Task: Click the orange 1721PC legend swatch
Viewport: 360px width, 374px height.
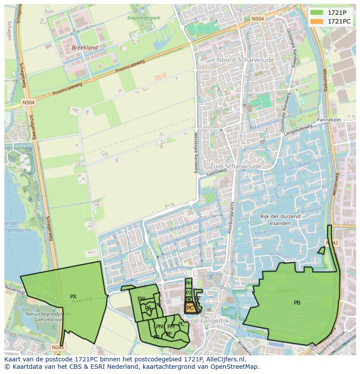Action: pos(317,21)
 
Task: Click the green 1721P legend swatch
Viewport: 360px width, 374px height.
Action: pos(317,13)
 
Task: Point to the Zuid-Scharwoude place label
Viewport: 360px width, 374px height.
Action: pos(235,166)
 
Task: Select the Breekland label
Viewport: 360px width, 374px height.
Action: pos(85,47)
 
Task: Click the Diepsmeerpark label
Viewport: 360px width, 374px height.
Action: pos(143,18)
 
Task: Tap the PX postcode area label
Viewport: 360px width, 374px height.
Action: pos(73,297)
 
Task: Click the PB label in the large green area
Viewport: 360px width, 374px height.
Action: pos(297,303)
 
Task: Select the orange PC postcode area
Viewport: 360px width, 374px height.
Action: pos(190,308)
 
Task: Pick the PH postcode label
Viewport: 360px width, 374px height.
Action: pos(188,283)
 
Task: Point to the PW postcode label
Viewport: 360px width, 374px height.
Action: pos(141,299)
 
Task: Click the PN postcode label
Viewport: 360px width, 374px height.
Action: pos(160,327)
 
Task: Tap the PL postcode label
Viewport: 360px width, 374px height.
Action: pos(181,324)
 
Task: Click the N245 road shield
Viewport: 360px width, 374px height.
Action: pos(57,347)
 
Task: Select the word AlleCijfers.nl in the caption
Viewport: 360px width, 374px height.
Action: pos(225,359)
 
